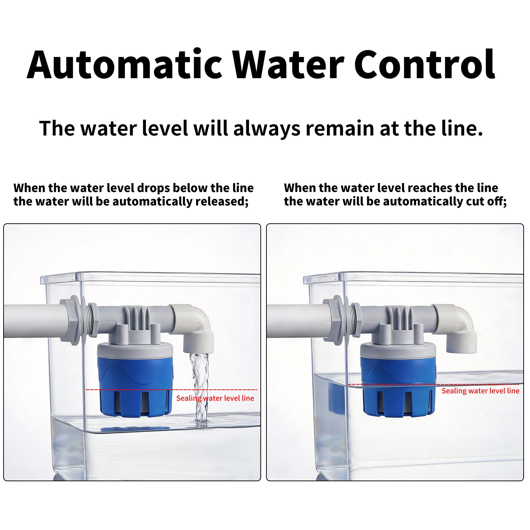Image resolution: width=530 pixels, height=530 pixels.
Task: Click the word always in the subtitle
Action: [267, 129]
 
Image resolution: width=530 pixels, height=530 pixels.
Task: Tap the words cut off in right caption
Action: [489, 201]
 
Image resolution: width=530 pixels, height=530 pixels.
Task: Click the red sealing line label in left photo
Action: [215, 398]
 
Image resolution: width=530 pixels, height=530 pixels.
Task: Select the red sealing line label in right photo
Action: [481, 391]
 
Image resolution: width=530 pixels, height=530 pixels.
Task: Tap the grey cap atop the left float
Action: [135, 350]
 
